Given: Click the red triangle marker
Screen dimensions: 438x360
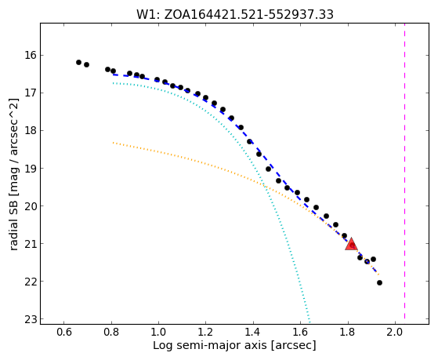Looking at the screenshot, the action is click(351, 244).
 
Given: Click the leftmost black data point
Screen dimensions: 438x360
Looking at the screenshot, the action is click(79, 62).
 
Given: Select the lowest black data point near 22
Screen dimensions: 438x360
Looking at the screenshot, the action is click(379, 283).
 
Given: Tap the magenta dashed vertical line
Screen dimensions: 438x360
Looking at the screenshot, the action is click(404, 173).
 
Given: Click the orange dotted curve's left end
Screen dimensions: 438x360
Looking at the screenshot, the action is click(113, 143).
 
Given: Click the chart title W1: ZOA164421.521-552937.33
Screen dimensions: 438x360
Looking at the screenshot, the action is click(234, 15).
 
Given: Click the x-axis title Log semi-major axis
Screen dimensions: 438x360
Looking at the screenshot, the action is click(210, 346).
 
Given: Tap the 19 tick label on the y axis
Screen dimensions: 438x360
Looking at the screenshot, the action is click(31, 168).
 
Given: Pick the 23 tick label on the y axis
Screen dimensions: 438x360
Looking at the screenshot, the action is click(31, 319).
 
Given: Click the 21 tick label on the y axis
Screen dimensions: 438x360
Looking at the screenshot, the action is click(31, 244).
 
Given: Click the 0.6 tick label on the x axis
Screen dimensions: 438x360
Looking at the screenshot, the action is click(63, 333).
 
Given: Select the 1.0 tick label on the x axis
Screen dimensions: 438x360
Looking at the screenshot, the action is click(158, 333).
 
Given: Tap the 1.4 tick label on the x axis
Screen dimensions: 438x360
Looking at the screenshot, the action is click(253, 333).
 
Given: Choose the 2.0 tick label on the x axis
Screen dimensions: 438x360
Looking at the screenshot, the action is click(395, 333).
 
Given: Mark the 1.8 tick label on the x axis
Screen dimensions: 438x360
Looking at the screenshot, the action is click(348, 333).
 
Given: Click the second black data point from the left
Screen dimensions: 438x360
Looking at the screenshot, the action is click(87, 64).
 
